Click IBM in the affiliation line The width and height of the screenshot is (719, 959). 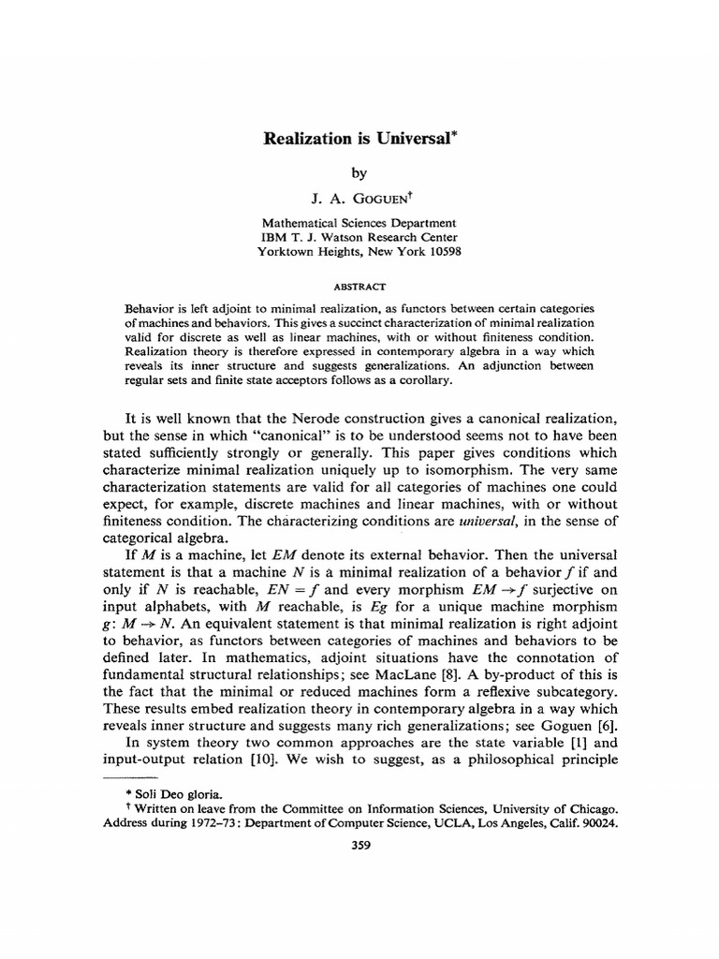click(x=272, y=238)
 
